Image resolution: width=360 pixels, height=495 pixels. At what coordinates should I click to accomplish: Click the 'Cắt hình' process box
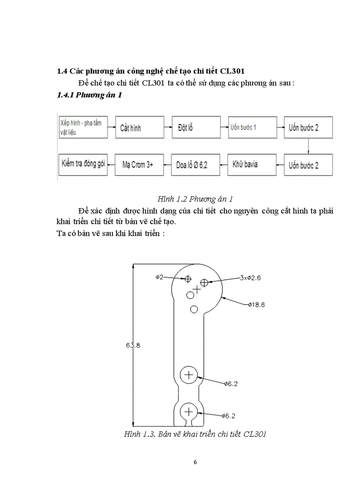139,128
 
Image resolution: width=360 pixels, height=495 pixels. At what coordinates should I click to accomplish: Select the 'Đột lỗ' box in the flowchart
195,127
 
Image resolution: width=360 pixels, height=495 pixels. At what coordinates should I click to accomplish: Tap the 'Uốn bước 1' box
252,127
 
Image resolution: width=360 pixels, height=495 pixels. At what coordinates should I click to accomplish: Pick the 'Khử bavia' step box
251,165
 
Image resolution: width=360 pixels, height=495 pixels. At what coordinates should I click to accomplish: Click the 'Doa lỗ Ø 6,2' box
195,165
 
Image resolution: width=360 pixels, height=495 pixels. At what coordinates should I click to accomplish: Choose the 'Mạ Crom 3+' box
139,165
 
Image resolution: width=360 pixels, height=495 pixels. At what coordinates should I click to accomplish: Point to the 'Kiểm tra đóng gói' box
83,164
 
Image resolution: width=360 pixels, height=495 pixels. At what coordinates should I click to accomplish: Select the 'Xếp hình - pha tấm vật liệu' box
83,127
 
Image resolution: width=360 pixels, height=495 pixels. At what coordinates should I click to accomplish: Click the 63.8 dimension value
133,345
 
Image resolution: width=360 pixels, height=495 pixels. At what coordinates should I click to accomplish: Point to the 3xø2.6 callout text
250,278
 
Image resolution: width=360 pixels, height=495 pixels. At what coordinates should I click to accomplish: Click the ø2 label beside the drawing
160,277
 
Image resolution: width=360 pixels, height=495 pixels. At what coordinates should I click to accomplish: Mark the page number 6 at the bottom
195,462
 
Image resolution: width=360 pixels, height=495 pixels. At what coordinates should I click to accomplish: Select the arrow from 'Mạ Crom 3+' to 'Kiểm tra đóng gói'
111,165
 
